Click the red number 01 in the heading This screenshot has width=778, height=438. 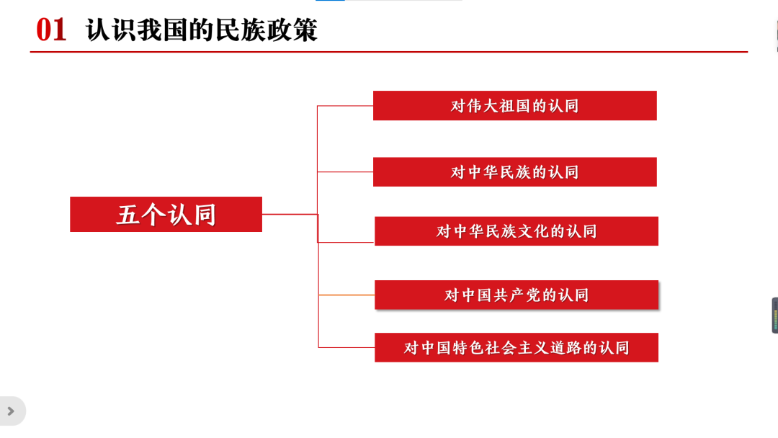coord(51,30)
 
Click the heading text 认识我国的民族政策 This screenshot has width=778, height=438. coord(202,30)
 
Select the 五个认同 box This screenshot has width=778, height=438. coord(166,214)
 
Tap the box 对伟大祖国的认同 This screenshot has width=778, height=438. coord(514,106)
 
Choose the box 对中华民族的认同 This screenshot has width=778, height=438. coord(514,172)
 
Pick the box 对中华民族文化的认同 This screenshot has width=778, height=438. coord(516,231)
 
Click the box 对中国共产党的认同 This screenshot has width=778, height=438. coord(516,295)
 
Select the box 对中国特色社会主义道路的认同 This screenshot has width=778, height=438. coord(516,348)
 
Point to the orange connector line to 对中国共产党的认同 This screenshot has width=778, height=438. coord(346,295)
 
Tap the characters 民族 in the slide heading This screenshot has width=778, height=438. coord(240,30)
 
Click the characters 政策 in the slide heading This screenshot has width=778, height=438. coord(292,30)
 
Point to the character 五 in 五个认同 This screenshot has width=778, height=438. coord(128,215)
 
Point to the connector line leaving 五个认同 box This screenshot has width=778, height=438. coord(290,214)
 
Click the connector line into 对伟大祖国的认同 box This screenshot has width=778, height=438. coord(345,106)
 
